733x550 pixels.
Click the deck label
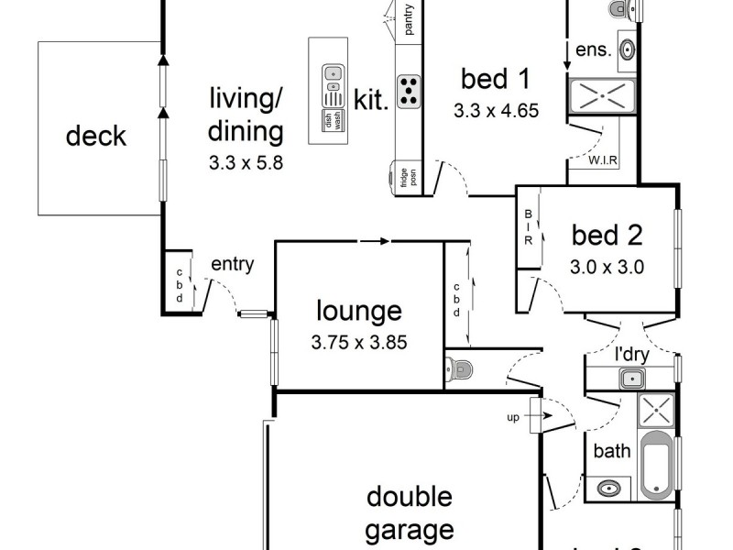point(95,137)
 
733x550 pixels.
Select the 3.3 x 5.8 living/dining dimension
point(245,166)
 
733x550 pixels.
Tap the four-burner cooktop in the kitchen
point(409,89)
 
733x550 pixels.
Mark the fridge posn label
point(404,177)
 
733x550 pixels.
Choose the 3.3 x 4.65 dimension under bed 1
point(495,112)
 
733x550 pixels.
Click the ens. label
point(593,49)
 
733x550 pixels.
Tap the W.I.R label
point(602,162)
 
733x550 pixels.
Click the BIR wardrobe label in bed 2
point(529,227)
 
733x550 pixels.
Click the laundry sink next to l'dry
point(630,378)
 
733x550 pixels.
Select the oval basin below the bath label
point(608,488)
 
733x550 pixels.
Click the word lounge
point(358,311)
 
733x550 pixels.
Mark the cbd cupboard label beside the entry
point(180,285)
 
